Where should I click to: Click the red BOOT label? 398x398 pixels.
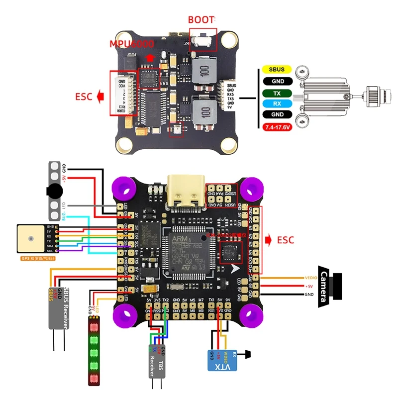[x=201, y=20]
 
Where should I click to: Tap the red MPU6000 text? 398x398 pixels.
[x=131, y=43]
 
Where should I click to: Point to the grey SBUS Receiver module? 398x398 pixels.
[x=58, y=308]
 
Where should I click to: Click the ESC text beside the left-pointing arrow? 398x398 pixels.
[x=84, y=97]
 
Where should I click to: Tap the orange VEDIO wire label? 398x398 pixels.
[x=310, y=278]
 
